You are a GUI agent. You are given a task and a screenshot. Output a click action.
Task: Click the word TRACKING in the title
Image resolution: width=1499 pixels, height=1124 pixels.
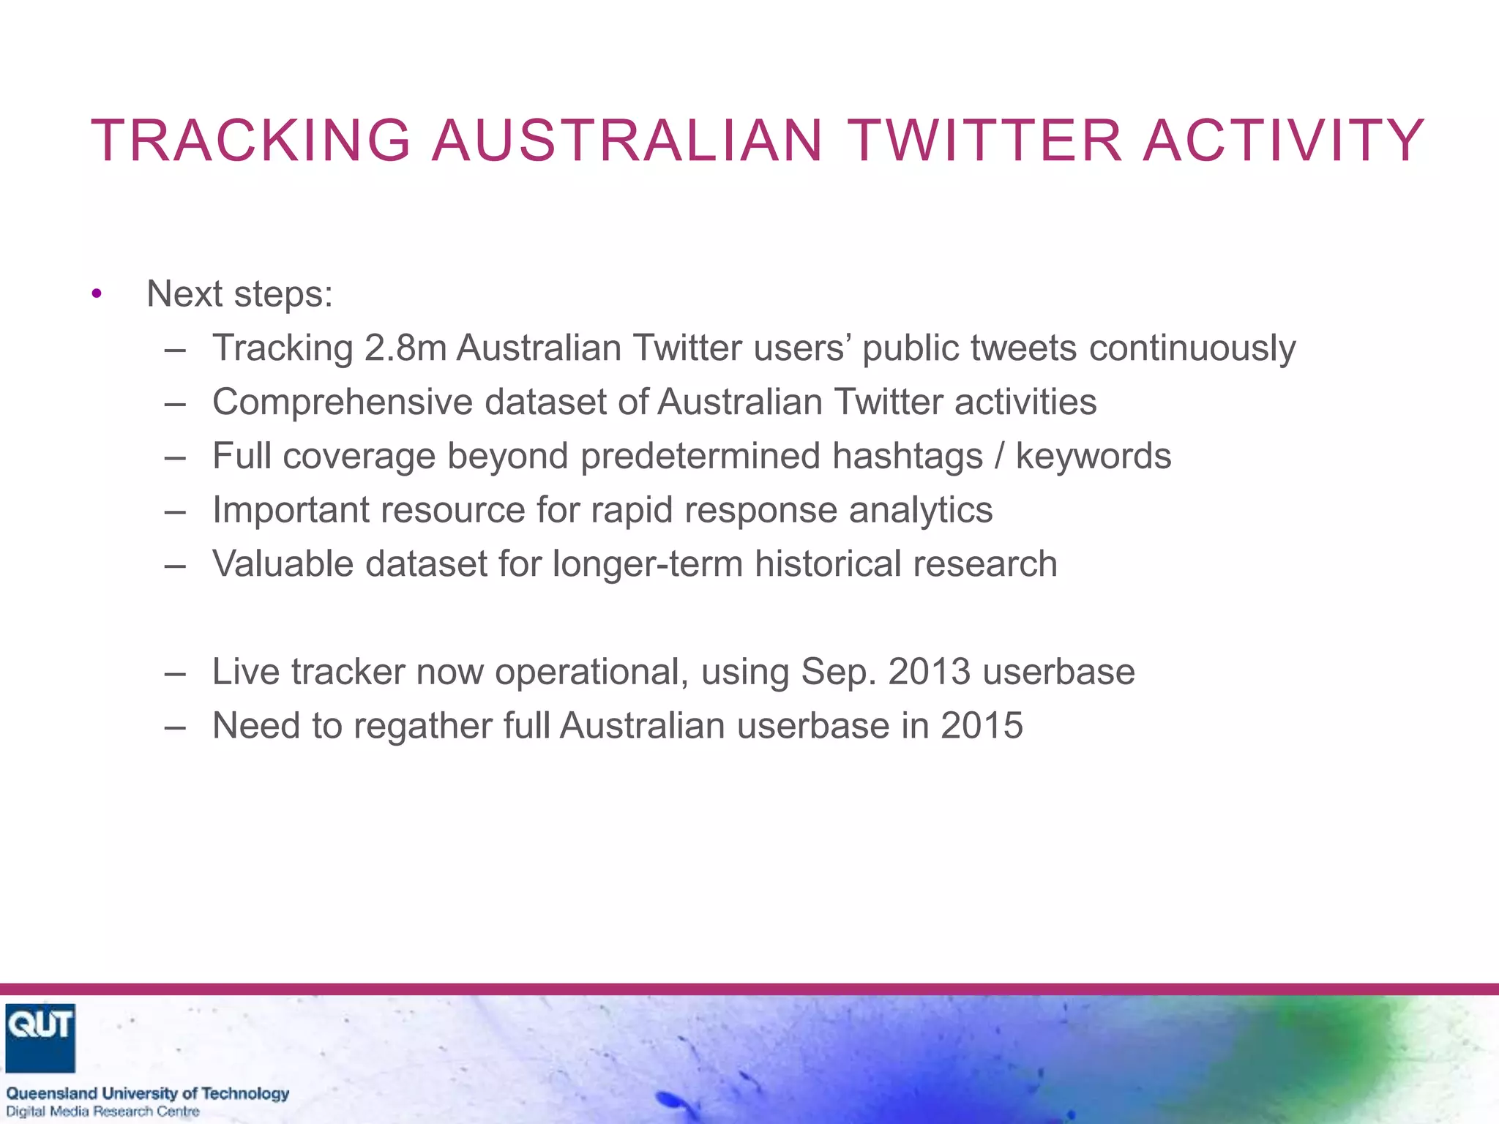251,140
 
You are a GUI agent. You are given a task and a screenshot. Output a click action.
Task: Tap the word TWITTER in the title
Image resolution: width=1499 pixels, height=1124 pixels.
984,140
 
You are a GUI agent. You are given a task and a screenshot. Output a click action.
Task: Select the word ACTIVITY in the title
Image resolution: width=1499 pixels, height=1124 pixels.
1283,140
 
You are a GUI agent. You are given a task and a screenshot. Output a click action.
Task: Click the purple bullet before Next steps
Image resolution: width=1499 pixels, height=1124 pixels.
97,295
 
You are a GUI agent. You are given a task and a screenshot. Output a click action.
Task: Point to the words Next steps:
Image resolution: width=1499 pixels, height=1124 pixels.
239,294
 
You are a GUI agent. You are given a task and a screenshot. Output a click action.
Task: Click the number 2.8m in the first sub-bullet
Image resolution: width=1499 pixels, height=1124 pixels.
405,348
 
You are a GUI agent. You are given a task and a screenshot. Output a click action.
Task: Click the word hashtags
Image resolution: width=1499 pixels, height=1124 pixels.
907,457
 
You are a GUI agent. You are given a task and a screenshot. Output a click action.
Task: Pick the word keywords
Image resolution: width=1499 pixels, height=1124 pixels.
1093,457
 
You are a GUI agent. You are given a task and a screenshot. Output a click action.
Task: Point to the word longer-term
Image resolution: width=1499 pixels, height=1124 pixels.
647,564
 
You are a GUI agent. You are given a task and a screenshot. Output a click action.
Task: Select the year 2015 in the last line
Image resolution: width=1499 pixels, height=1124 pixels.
982,726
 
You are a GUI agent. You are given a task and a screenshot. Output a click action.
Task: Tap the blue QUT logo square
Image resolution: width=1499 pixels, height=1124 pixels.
40,1037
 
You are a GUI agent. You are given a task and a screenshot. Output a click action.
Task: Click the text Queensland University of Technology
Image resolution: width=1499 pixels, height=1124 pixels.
148,1093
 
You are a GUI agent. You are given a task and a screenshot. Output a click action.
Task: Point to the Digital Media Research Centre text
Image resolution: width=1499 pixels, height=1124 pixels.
103,1112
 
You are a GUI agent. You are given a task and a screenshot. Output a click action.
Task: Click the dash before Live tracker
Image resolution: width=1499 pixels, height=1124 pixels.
175,672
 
